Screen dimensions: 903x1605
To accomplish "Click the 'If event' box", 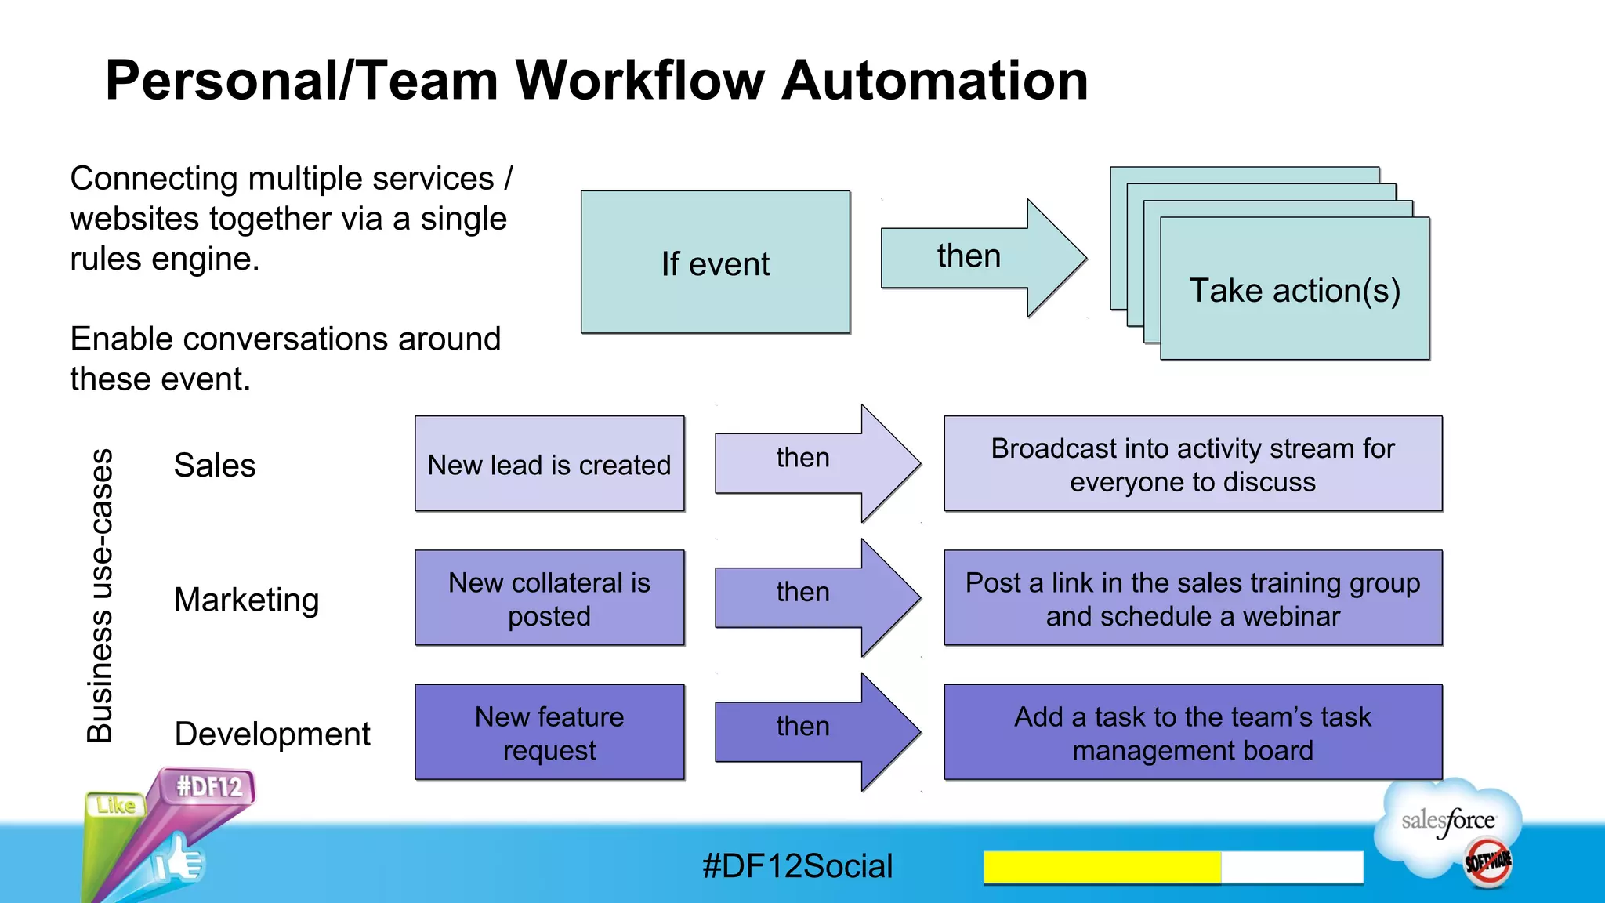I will (x=715, y=263).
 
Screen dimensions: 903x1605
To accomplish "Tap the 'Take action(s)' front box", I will (x=1294, y=289).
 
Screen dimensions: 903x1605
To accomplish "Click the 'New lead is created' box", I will (x=549, y=464).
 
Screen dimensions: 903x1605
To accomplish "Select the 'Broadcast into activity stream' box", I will (x=1193, y=464).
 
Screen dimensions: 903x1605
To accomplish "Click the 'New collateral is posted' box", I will (x=549, y=598).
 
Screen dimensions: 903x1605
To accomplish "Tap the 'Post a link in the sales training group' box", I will (x=1193, y=598).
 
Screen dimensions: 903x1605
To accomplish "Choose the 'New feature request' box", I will (x=549, y=732).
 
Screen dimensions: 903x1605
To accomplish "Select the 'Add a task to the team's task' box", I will (x=1193, y=732).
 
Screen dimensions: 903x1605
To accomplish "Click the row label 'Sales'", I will (x=215, y=466).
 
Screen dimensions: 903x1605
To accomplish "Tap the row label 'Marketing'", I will (x=246, y=600).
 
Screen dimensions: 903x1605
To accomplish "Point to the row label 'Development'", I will (x=272, y=734).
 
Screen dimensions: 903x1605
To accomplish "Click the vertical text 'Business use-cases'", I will (x=100, y=596).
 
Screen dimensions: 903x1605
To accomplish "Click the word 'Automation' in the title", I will (x=935, y=81).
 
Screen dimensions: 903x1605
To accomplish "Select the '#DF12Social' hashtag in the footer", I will (x=797, y=866).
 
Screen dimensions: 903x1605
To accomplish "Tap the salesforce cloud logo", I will (x=1448, y=823).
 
